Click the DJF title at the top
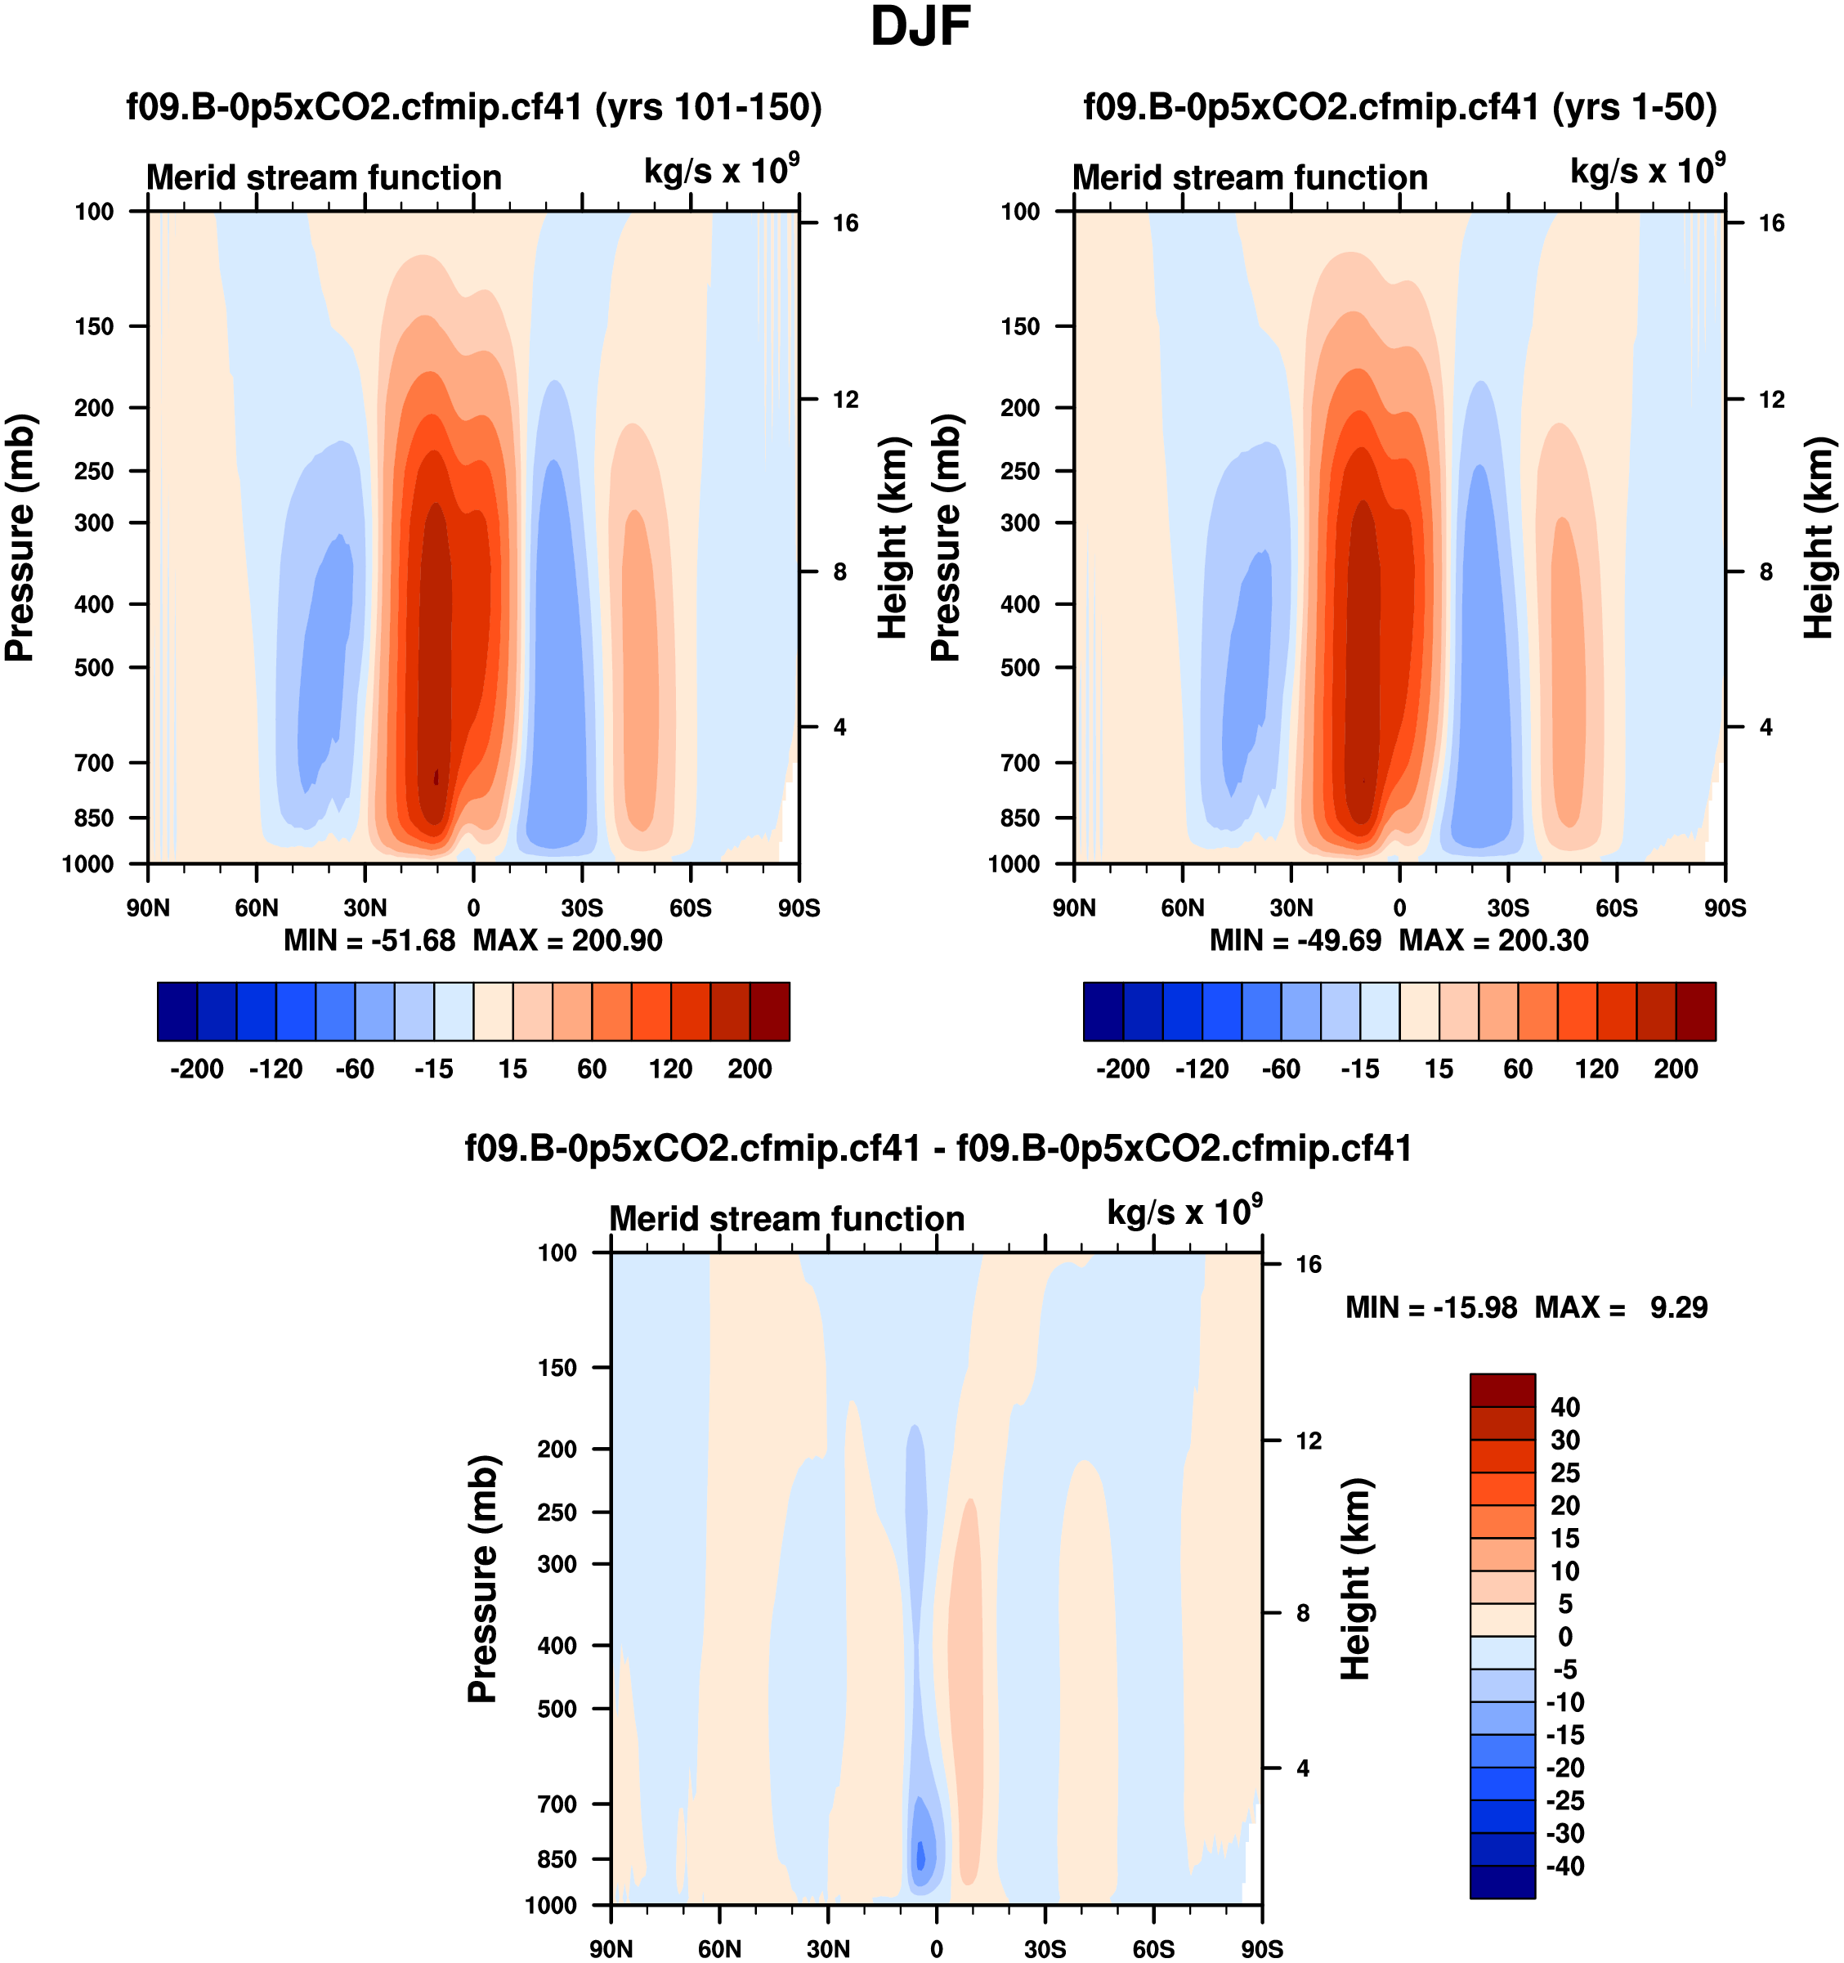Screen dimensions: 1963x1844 pyautogui.click(x=920, y=28)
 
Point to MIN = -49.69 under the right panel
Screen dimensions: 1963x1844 pyautogui.click(x=1296, y=940)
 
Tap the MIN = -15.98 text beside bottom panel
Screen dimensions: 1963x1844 pyautogui.click(x=1430, y=1307)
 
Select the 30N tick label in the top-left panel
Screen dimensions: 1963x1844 pyautogui.click(x=365, y=908)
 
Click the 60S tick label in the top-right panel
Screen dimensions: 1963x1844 pyautogui.click(x=1616, y=908)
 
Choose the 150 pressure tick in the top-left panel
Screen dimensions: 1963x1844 pyautogui.click(x=94, y=326)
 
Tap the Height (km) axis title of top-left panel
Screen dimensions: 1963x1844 pyautogui.click(x=892, y=537)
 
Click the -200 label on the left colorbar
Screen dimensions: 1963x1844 pyautogui.click(x=196, y=1069)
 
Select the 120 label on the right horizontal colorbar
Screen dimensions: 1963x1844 pyautogui.click(x=1596, y=1069)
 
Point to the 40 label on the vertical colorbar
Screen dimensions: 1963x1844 pyautogui.click(x=1565, y=1407)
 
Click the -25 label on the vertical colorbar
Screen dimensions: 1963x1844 pyautogui.click(x=1565, y=1800)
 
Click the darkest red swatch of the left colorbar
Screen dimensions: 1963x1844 pyautogui.click(x=770, y=1011)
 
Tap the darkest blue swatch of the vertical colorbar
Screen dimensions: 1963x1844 pyautogui.click(x=1502, y=1882)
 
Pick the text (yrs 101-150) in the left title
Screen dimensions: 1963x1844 pyautogui.click(x=708, y=106)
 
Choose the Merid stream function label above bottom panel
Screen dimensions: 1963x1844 pyautogui.click(x=787, y=1218)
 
